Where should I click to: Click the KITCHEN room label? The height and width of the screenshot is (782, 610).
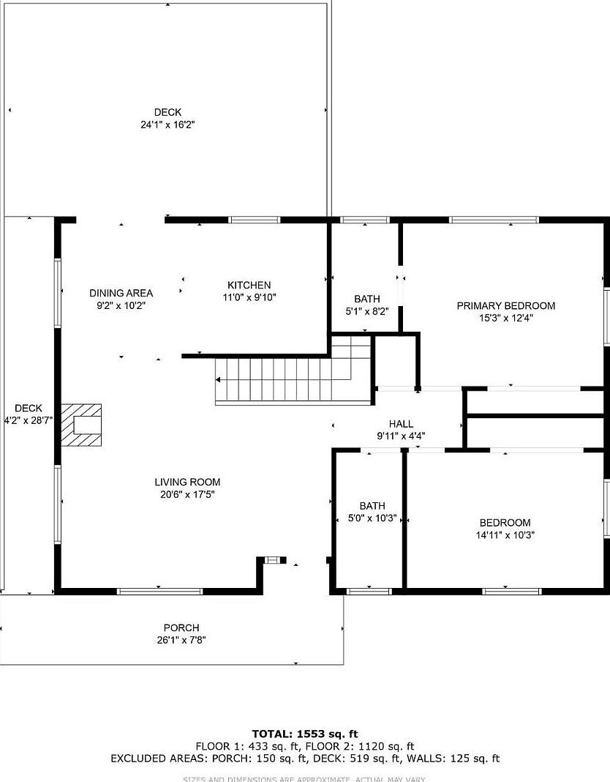(249, 285)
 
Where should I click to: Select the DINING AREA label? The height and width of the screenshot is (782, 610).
(121, 293)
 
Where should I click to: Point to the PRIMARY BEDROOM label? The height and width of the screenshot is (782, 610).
(505, 305)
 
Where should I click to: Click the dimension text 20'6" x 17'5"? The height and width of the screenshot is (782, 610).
(187, 494)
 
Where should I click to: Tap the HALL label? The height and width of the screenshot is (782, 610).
(401, 423)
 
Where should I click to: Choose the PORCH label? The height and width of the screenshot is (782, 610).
(181, 628)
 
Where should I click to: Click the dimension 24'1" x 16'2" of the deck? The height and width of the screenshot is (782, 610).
(167, 124)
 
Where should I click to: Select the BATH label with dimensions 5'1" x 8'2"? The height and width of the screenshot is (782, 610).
(367, 299)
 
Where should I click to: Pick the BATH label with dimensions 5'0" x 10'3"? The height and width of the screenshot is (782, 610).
(372, 506)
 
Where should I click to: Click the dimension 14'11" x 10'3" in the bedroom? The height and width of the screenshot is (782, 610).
(505, 535)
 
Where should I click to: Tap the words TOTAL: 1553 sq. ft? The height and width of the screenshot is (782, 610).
(305, 734)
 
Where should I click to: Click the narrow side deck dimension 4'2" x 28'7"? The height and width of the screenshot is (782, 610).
(29, 420)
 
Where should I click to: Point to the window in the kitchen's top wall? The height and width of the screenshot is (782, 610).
(255, 220)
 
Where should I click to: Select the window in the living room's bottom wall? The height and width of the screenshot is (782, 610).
(159, 590)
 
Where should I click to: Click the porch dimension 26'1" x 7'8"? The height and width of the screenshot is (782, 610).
(181, 640)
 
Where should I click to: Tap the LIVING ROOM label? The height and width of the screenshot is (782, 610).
(187, 482)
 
